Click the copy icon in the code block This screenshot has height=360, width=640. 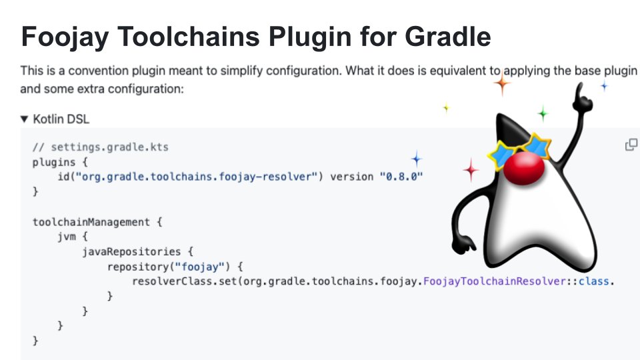coord(631,145)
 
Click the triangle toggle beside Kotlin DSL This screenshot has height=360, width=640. coord(25,119)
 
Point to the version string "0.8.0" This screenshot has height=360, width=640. coord(401,177)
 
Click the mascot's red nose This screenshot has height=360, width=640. coord(522,172)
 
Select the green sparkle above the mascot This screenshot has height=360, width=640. coord(543,114)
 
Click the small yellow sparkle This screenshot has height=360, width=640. coord(446,107)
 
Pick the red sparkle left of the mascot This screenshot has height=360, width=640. coord(471,171)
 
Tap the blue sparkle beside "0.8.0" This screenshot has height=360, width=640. coord(417,159)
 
